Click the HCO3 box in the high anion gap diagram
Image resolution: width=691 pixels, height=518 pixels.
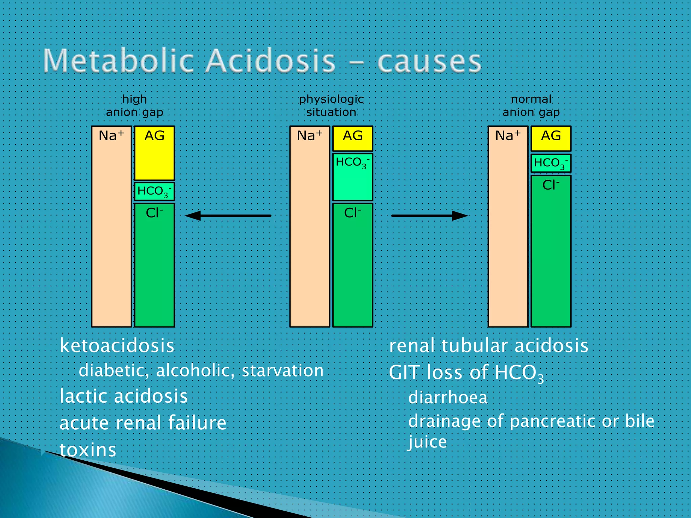[x=155, y=192]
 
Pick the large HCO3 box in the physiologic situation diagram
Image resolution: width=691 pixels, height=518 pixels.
[x=353, y=177]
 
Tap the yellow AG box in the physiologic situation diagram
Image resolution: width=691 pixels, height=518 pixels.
[x=353, y=138]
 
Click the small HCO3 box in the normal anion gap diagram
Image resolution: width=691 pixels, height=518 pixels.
[x=551, y=163]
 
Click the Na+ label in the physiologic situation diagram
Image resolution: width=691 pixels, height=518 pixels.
[x=309, y=136]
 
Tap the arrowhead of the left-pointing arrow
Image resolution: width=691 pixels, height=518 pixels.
[x=193, y=215]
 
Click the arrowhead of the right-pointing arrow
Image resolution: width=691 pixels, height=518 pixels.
[x=460, y=215]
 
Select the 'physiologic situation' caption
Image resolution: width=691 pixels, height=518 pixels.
[x=331, y=106]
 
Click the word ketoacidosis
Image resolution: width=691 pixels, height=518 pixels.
[x=117, y=346]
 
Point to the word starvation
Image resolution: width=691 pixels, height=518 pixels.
[x=283, y=371]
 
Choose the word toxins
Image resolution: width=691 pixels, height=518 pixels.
[x=88, y=450]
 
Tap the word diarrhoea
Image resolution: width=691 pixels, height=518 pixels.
[x=448, y=398]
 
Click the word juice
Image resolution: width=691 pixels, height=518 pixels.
[x=427, y=442]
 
